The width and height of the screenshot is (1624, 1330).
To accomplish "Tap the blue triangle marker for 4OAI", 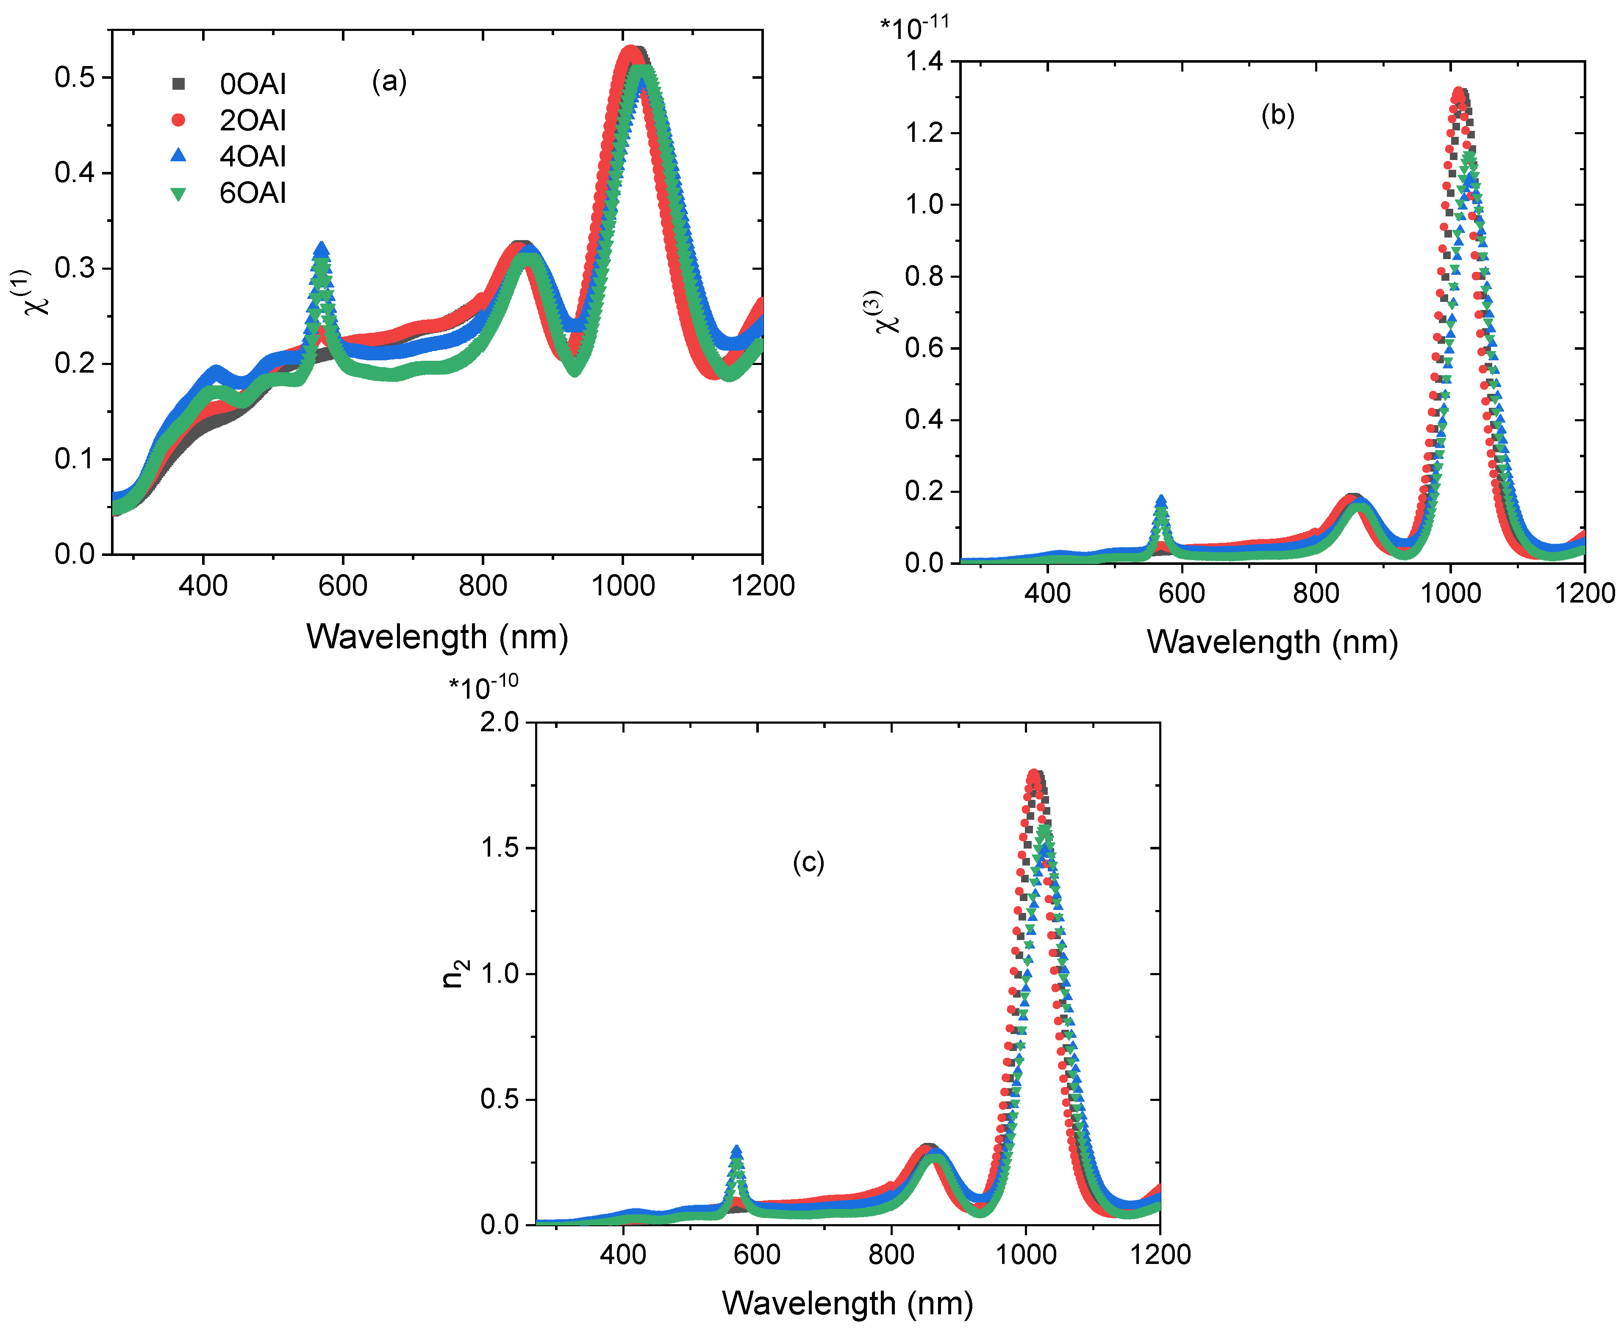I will coord(178,155).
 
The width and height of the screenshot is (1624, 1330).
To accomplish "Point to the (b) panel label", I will coord(1277,115).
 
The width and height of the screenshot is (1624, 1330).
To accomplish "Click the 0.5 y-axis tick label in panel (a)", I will coord(74,77).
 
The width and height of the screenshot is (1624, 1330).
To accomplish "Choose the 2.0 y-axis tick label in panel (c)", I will coord(499,722).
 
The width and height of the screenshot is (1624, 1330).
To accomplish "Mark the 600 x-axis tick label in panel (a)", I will coord(343,586).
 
